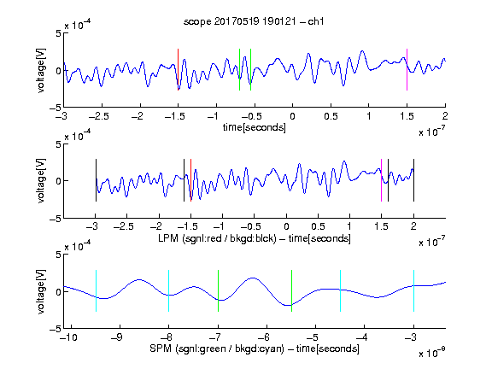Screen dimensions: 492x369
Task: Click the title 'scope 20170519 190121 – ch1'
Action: pos(254,21)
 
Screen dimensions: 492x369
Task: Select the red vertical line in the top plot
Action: pos(178,70)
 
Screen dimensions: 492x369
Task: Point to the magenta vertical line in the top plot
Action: pos(407,70)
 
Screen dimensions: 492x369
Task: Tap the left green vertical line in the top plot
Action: pos(239,70)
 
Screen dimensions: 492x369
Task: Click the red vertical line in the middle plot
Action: pos(190,180)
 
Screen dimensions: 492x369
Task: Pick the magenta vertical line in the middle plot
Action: pos(381,180)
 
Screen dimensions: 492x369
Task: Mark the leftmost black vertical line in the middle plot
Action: pos(96,180)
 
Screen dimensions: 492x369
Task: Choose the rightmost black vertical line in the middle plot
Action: pos(413,180)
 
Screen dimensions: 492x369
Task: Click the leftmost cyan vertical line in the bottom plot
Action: pos(96,291)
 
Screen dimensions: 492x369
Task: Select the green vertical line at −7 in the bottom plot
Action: pos(218,291)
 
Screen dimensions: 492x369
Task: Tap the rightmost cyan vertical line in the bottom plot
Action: pos(413,291)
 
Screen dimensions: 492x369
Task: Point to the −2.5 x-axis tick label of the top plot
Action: pos(99,116)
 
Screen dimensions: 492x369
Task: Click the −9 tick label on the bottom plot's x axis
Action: pos(117,337)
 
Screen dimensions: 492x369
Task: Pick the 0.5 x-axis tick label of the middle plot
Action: pos(318,226)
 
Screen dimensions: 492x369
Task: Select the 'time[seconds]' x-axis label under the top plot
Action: pos(255,127)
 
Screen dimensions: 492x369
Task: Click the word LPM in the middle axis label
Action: pos(168,238)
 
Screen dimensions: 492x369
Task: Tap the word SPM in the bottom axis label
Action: pos(161,348)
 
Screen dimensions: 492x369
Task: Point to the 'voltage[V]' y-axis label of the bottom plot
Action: pos(41,291)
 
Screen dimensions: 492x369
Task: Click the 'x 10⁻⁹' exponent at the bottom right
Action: pos(432,353)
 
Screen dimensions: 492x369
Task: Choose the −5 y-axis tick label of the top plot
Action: pos(56,108)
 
